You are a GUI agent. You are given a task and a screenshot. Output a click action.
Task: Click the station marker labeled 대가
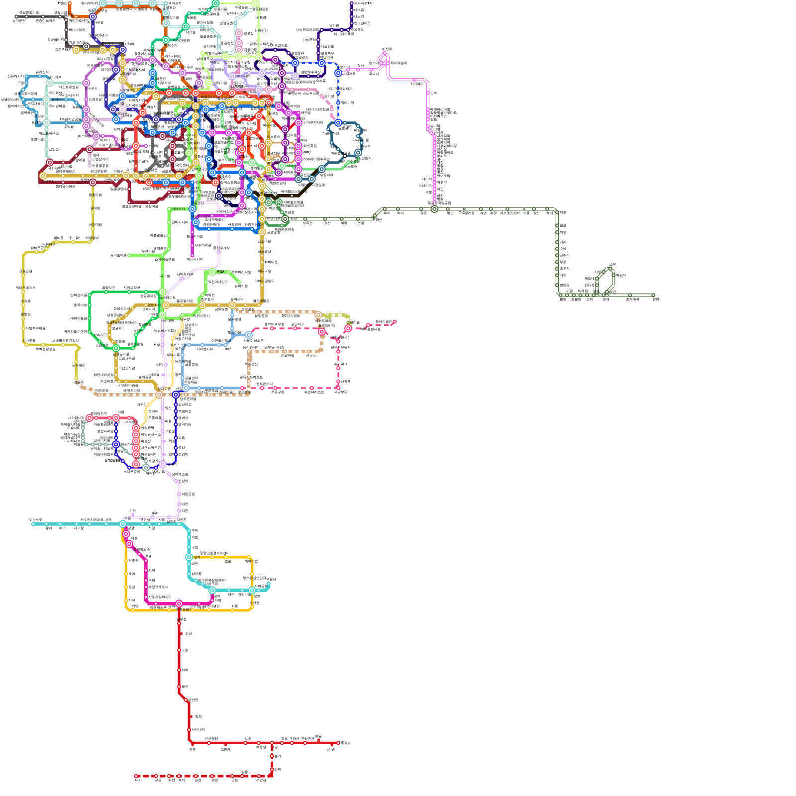(x=136, y=776)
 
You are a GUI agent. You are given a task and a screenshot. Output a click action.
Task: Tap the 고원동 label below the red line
(x=225, y=749)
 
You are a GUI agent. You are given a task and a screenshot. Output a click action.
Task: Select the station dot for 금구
(x=179, y=687)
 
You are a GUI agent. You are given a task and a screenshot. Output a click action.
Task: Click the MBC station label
(x=307, y=152)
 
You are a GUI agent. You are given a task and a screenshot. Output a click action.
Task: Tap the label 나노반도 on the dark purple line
(x=327, y=46)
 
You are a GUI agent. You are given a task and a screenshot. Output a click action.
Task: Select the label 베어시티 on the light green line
(x=178, y=209)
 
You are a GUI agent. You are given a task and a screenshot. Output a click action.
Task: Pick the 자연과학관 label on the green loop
(x=132, y=288)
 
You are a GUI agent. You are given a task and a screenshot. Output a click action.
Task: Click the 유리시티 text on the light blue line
(x=57, y=99)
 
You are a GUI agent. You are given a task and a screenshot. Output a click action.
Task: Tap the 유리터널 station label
(x=54, y=77)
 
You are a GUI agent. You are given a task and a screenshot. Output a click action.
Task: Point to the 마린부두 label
(x=363, y=147)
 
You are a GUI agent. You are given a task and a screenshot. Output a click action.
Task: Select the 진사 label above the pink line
(x=360, y=66)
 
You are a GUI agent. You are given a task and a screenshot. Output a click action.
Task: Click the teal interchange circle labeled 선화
(x=189, y=557)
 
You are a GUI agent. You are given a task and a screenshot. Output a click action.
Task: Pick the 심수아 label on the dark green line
(x=564, y=255)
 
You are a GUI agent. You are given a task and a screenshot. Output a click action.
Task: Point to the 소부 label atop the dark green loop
(x=612, y=264)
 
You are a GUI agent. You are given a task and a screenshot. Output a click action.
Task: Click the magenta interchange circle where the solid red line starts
(x=179, y=603)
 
